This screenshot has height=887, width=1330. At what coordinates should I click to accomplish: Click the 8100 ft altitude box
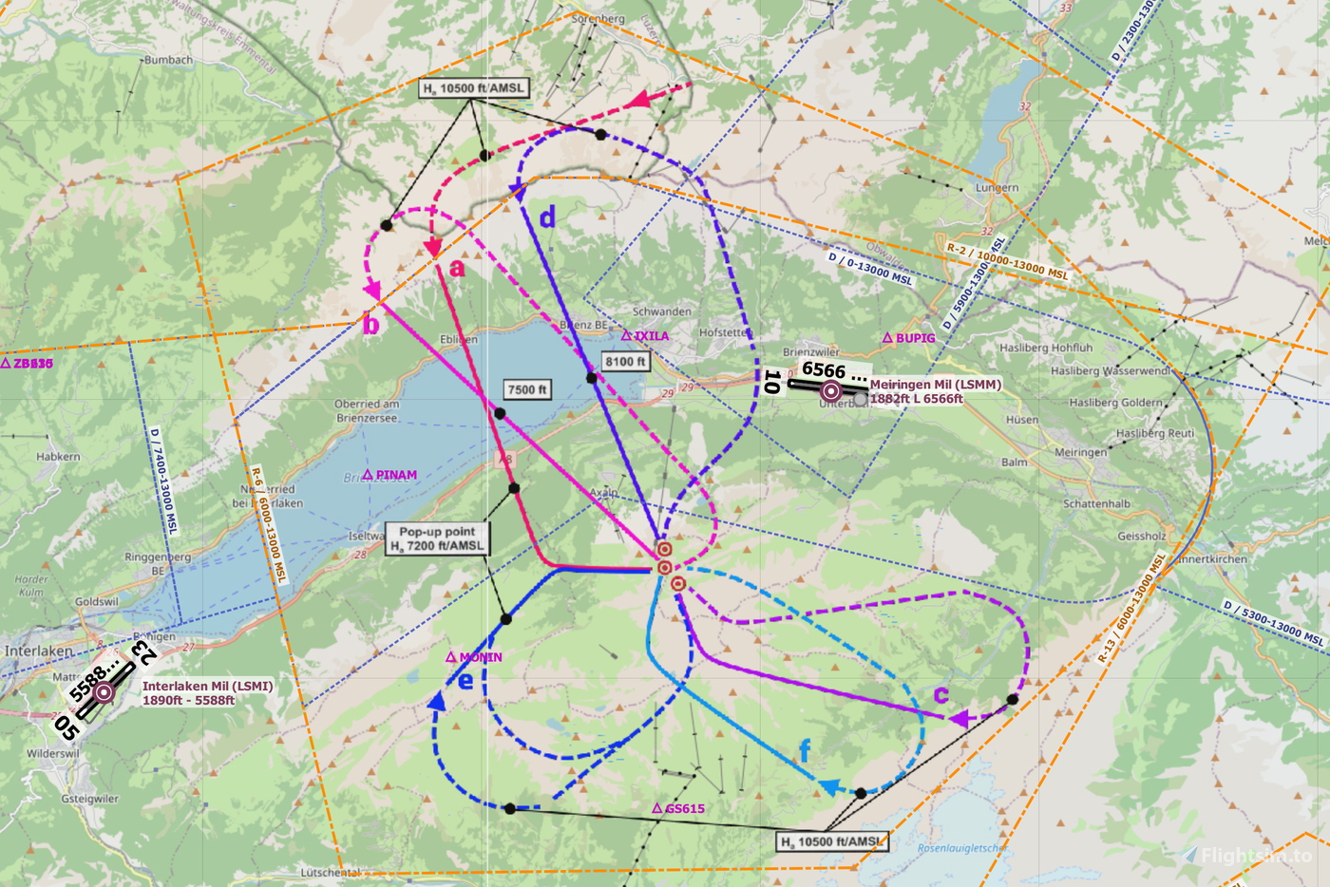click(626, 361)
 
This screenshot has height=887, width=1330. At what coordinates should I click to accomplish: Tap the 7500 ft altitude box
click(527, 389)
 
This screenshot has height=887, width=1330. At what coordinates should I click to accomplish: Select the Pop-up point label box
click(437, 538)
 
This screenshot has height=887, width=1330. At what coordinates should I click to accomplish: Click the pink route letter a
click(457, 269)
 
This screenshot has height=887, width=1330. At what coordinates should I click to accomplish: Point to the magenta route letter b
click(371, 325)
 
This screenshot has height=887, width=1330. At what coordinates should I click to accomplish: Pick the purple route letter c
click(940, 694)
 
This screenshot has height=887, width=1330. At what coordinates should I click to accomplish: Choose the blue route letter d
click(547, 218)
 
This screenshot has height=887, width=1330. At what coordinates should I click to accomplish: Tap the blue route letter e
click(465, 680)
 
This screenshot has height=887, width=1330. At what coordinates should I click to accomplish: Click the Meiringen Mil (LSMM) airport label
click(935, 385)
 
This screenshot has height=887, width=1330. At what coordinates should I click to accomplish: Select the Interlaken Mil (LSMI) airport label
click(207, 687)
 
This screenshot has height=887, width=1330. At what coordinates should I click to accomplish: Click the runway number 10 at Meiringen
click(772, 382)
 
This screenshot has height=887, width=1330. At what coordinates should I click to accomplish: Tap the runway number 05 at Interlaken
click(66, 727)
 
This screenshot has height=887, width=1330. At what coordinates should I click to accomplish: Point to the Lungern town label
click(997, 188)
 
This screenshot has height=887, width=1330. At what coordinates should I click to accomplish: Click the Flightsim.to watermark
click(1256, 856)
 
